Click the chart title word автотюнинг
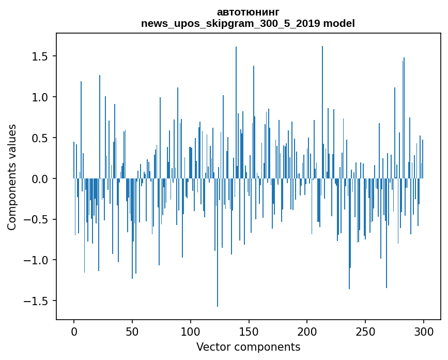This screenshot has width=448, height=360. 248,12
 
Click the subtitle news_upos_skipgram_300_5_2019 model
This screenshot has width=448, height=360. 248,23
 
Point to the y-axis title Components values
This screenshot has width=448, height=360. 12,177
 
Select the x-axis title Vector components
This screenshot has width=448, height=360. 248,347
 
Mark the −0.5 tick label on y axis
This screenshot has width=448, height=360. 38,219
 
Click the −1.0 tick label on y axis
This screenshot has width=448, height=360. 38,260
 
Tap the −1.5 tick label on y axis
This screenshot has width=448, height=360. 38,301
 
